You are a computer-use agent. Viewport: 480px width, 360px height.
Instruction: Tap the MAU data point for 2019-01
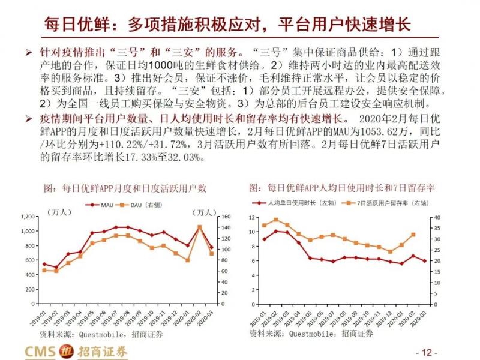[x=44, y=264]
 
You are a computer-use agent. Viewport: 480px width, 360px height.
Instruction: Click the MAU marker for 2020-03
[x=211, y=247]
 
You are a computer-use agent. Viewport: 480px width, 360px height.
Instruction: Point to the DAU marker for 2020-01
[x=188, y=260]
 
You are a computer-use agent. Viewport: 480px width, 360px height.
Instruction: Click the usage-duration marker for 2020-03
[x=425, y=261]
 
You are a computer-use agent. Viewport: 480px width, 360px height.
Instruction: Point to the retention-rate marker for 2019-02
[x=275, y=220]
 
